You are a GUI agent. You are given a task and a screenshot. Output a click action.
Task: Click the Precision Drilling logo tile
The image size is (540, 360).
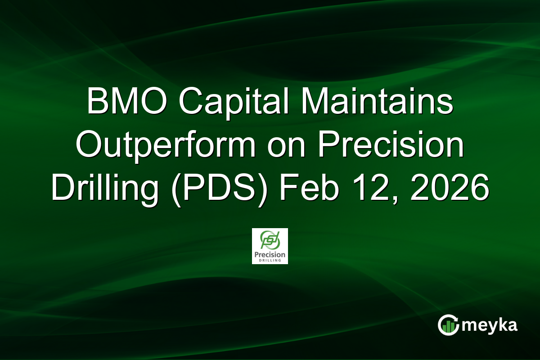pyautogui.click(x=270, y=246)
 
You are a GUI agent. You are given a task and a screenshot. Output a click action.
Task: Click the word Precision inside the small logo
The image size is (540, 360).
pyautogui.click(x=270, y=254)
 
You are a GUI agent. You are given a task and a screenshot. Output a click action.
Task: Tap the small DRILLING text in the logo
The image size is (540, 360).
pyautogui.click(x=270, y=260)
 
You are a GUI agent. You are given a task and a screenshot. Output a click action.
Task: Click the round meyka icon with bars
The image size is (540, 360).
pyautogui.click(x=449, y=325)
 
